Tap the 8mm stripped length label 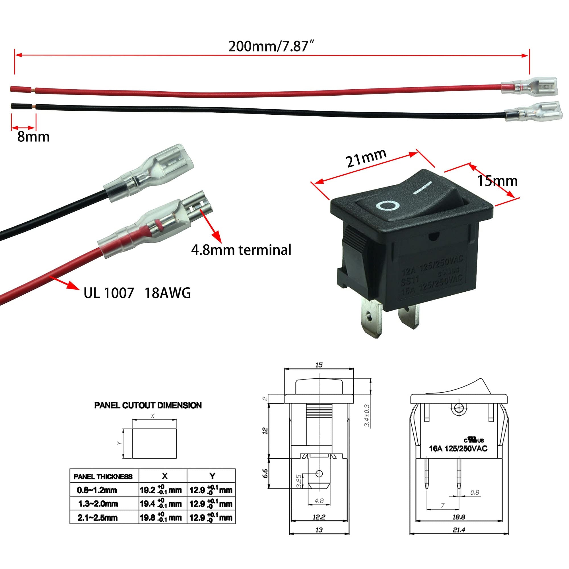(x=33, y=137)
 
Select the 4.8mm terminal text (x=241, y=250)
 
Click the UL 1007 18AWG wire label (x=137, y=293)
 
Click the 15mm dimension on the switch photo (x=497, y=181)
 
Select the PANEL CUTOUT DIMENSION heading (x=148, y=405)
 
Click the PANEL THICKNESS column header (x=103, y=477)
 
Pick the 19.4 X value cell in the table (x=161, y=504)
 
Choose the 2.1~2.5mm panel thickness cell (x=98, y=518)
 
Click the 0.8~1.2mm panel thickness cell (x=97, y=490)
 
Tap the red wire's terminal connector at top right (x=529, y=86)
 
